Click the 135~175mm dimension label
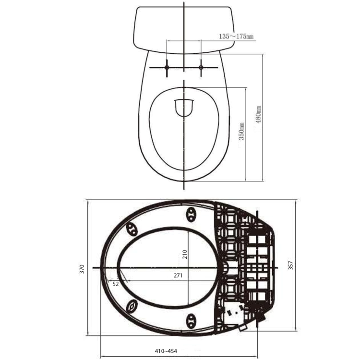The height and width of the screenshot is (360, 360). click(x=236, y=36)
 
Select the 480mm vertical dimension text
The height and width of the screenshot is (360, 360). click(x=258, y=115)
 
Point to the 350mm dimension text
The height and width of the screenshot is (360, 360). click(x=241, y=132)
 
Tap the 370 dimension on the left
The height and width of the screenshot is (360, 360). click(x=82, y=269)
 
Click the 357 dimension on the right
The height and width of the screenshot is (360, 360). click(x=290, y=265)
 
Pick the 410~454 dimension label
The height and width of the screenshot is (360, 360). click(x=166, y=351)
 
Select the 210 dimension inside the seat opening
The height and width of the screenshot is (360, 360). click(x=185, y=254)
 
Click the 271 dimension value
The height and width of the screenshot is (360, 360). click(x=178, y=276)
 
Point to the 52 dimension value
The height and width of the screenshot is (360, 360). click(x=116, y=284)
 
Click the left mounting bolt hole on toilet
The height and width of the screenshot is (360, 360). click(x=167, y=68)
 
